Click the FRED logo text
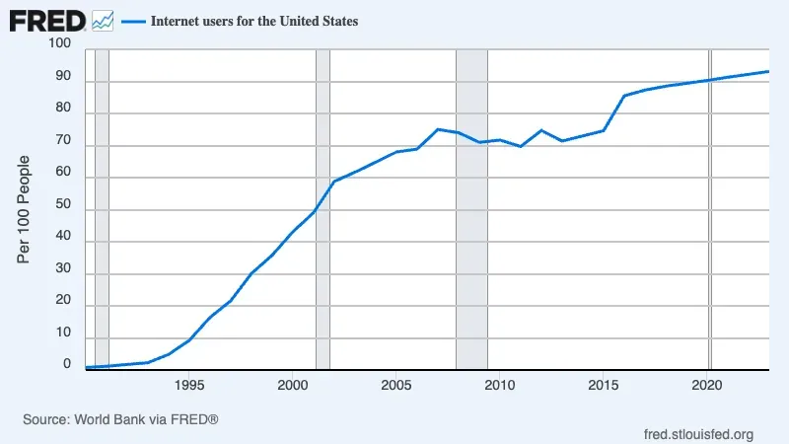point(46,20)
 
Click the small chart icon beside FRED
point(104,20)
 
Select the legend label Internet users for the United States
point(254,21)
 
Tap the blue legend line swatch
point(132,21)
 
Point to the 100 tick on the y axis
point(59,44)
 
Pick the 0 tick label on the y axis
point(67,364)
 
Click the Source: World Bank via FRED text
point(120,419)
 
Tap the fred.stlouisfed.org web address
point(698,434)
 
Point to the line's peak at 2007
point(438,129)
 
